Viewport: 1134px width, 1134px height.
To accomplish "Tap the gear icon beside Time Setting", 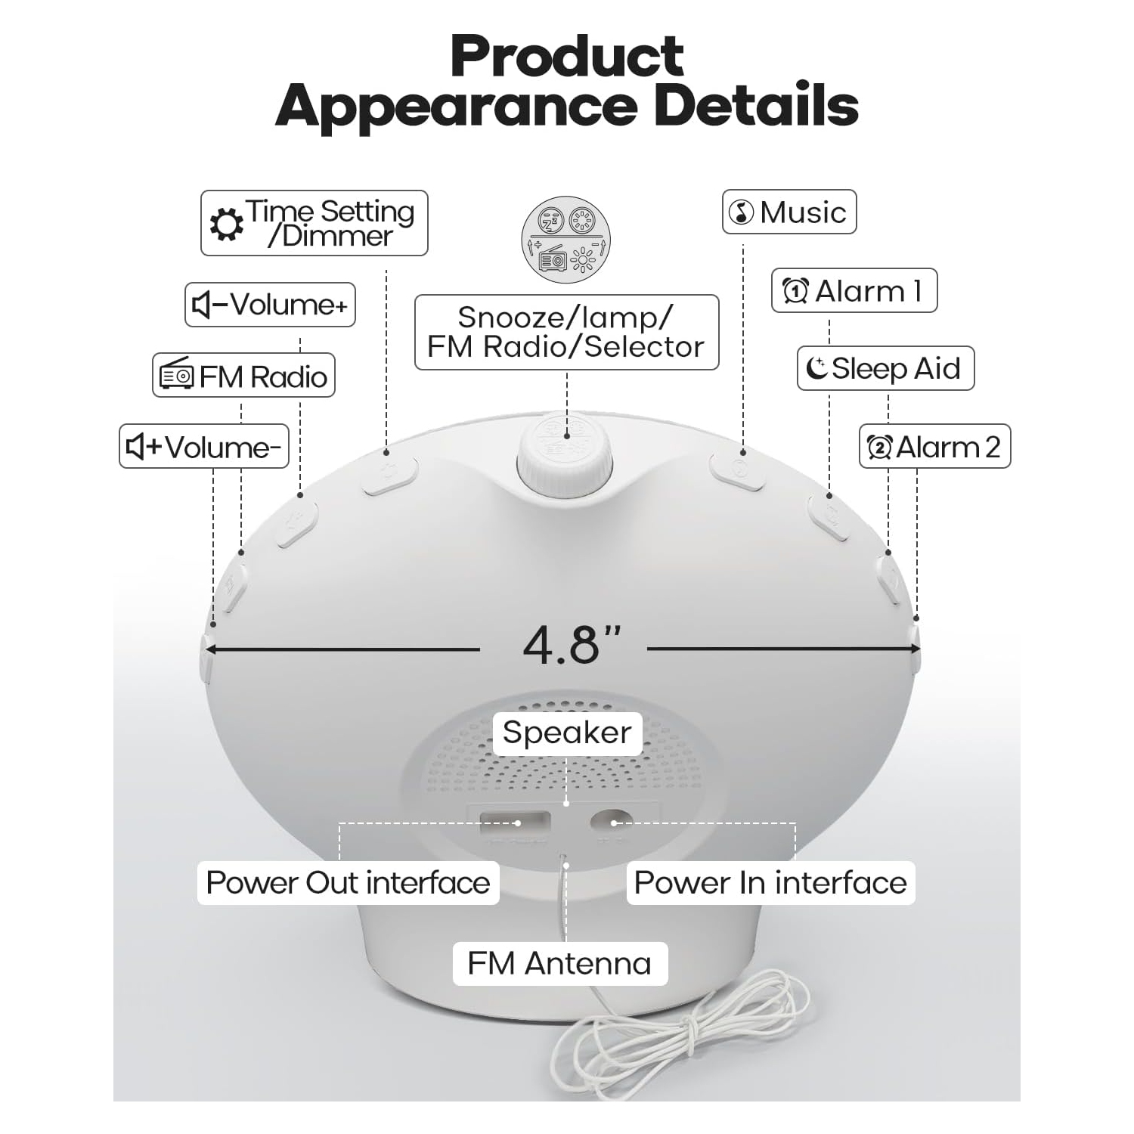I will (x=226, y=225).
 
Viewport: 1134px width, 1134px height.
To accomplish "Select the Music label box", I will (x=789, y=212).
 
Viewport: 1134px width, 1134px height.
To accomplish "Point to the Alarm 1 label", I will (x=854, y=290).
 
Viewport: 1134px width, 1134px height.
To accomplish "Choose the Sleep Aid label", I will (x=886, y=368).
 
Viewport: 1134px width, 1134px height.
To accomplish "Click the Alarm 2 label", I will (x=935, y=447).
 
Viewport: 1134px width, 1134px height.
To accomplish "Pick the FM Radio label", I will (x=244, y=376).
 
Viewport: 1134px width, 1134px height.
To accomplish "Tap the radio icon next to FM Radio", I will (x=177, y=376).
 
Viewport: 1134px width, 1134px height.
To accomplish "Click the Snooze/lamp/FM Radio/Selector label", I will (x=567, y=333).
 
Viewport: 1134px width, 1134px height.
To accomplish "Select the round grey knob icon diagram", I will (x=566, y=240).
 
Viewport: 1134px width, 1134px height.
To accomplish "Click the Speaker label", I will (x=567, y=733).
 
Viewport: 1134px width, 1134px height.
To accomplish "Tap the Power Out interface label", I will (x=348, y=882).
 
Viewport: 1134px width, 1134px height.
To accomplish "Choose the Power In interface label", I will (x=770, y=882).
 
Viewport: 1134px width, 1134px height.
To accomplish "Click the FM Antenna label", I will (x=559, y=963).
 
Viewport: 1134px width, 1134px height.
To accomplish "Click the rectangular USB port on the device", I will (x=513, y=822).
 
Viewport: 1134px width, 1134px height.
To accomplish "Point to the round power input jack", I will (x=612, y=822).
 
